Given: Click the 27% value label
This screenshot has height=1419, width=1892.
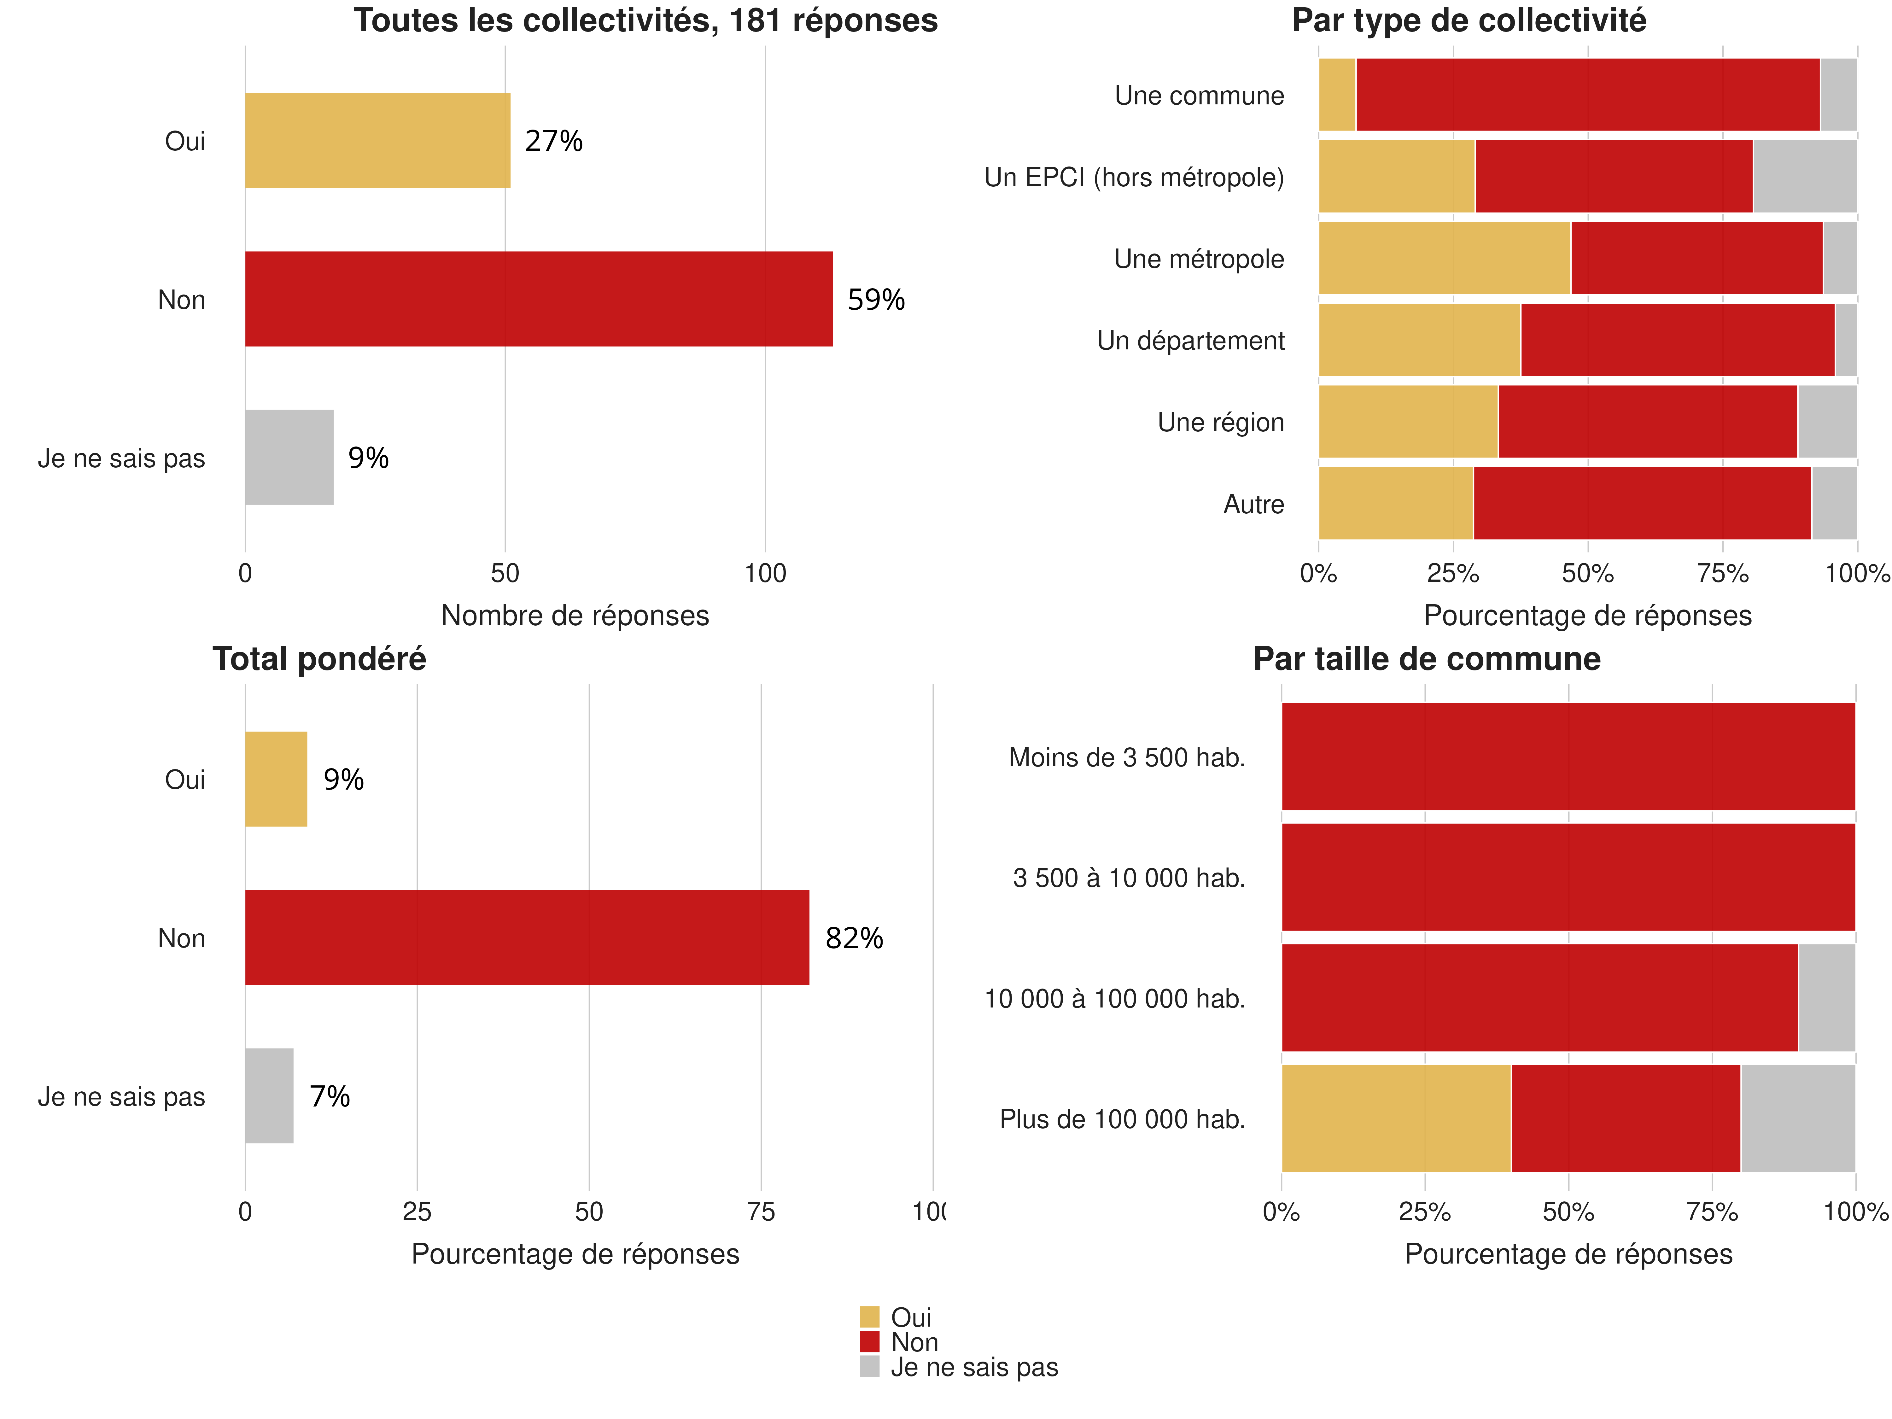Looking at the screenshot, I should (x=553, y=141).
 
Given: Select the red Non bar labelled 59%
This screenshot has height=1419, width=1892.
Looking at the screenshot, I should (x=539, y=299).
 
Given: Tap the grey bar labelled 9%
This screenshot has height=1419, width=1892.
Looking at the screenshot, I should (x=289, y=458).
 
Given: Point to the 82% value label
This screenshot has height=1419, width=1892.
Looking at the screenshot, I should (x=854, y=938).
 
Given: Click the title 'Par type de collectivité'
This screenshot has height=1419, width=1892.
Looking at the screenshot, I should (x=1469, y=20).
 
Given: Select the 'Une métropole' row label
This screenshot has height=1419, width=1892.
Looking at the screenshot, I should (x=1198, y=259).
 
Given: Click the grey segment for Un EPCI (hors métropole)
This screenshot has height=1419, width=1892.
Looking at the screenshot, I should (x=1805, y=176).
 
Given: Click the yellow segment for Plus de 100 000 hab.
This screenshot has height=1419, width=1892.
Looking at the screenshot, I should (x=1396, y=1119).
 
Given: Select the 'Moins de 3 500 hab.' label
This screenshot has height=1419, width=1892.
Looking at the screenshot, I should (x=1126, y=758).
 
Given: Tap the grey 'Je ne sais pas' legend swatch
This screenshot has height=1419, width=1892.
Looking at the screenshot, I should (x=869, y=1367).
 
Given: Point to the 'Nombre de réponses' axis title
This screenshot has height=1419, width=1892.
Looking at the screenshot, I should (x=575, y=616).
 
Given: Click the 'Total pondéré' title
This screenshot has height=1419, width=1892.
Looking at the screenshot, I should (x=319, y=659).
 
